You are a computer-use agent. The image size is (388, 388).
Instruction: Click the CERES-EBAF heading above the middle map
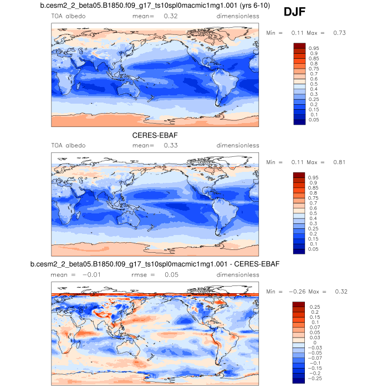pyautogui.click(x=155, y=135)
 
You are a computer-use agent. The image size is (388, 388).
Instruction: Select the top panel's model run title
pyautogui.click(x=155, y=6)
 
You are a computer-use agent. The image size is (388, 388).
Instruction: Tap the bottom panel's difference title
pyautogui.click(x=155, y=264)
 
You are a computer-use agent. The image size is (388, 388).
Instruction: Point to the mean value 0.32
pyautogui.click(x=171, y=17)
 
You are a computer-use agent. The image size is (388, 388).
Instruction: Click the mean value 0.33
pyautogui.click(x=171, y=146)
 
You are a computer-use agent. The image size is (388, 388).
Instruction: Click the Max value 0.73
pyautogui.click(x=339, y=33)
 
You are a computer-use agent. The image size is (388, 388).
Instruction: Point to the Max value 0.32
pyautogui.click(x=339, y=291)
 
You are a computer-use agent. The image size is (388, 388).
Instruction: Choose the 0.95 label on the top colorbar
pyautogui.click(x=314, y=48)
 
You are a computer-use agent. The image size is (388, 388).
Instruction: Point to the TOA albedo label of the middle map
pyautogui.click(x=69, y=146)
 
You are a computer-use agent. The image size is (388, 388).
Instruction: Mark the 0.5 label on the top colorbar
pyautogui.click(x=313, y=84)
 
